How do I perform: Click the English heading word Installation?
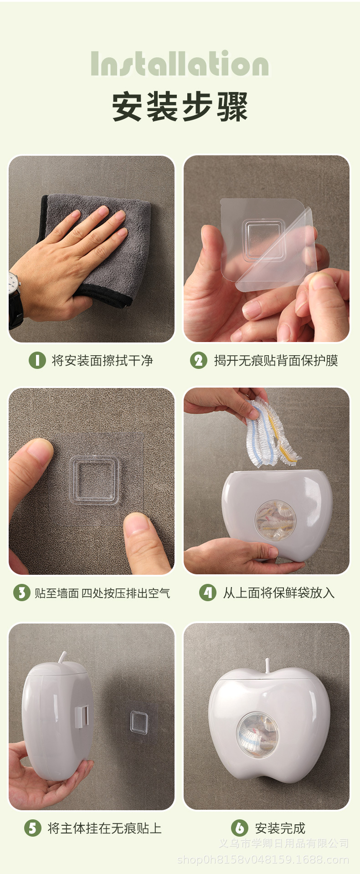pos(180,64)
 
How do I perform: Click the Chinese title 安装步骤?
pos(180,107)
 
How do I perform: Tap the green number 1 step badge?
pos(37,361)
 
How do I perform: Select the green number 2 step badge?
pos(198,361)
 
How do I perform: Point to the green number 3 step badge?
pos(21,593)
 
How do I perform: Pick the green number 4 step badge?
pos(208,593)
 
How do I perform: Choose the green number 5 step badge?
pos(33,828)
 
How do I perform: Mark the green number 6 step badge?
pos(240,828)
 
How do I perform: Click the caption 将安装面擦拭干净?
pos(102,361)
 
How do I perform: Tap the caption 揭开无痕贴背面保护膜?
pos(276,361)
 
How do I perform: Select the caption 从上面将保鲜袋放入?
pos(278,593)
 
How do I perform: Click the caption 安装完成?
pos(280,828)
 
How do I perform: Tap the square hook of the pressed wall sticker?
pos(95,481)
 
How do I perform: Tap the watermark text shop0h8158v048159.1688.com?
pos(263,860)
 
